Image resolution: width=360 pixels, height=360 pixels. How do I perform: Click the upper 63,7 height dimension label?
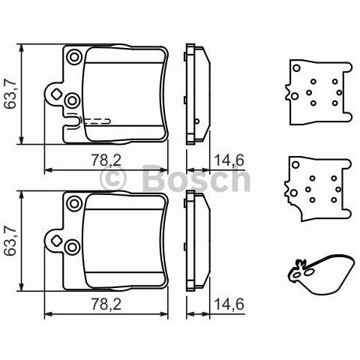click(10, 94)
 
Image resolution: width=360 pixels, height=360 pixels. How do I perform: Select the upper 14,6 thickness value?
click(229, 158)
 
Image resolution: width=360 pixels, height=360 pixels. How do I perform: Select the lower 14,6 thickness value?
click(229, 304)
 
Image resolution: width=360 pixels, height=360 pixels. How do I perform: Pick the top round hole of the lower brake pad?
click(73, 202)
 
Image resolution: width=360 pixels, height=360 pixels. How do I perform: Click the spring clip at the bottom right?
click(320, 274)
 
